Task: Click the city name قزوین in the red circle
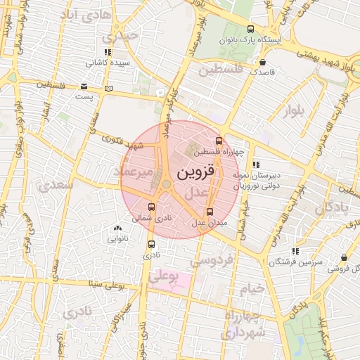pos(198,172)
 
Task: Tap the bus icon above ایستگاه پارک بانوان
pos(251,29)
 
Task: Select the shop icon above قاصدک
pos(264,62)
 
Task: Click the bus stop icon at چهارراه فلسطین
pos(219,141)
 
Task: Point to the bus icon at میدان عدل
pos(210,211)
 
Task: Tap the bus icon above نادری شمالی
pos(152,207)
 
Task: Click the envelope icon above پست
pos(84,86)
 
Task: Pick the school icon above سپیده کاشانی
pos(107,53)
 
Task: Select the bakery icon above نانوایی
pos(117,228)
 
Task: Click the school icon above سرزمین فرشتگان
pos(295,250)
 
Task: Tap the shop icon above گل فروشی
pos(343,258)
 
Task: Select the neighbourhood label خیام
pos(255,288)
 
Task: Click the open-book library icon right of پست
pos(108,89)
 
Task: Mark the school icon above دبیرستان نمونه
pos(255,165)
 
